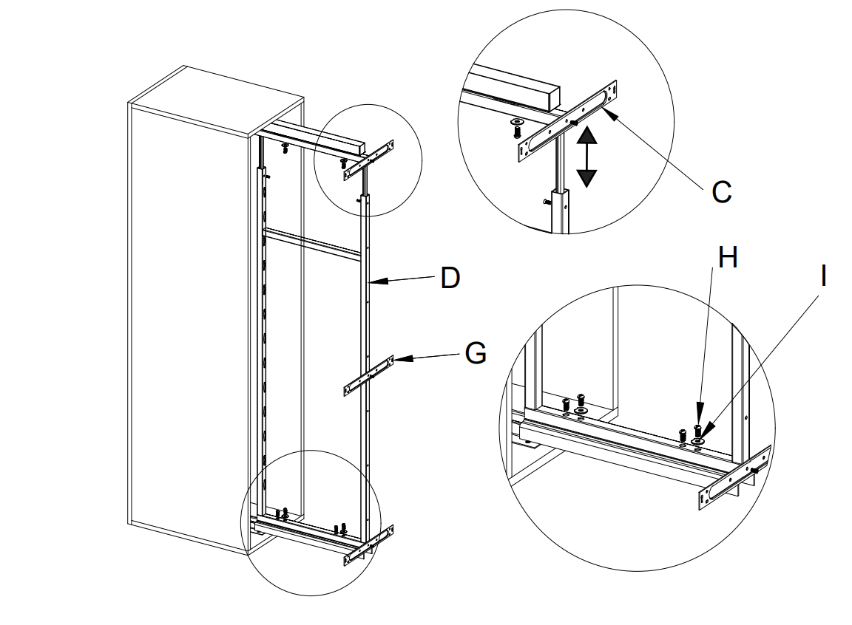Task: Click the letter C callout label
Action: point(721,192)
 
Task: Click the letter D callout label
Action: point(450,278)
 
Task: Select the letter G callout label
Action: point(476,354)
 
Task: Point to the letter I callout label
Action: point(823,276)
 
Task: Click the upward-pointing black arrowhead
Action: point(586,135)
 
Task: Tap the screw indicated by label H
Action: point(697,428)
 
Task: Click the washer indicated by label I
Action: point(698,442)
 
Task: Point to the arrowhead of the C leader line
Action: point(607,110)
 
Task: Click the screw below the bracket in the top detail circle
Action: point(516,130)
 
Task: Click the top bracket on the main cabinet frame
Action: point(369,160)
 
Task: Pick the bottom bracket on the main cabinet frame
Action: point(368,544)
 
